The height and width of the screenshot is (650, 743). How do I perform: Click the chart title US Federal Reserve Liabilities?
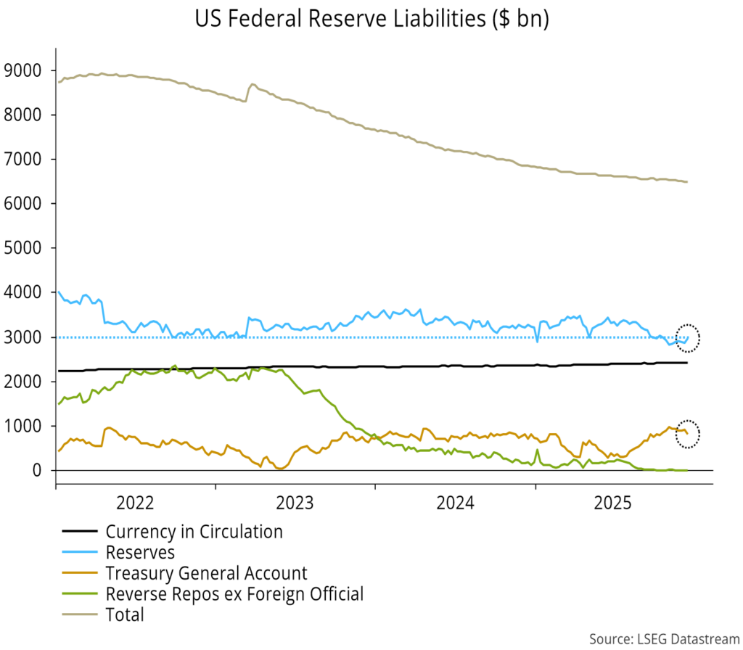371,19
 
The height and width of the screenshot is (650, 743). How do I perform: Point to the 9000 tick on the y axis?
23,70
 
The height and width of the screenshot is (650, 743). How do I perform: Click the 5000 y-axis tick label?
23,248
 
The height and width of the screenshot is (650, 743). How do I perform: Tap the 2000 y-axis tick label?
23,382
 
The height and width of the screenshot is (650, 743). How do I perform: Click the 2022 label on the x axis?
135,502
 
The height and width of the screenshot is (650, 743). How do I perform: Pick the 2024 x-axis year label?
455,502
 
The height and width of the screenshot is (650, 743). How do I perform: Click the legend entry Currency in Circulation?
194,532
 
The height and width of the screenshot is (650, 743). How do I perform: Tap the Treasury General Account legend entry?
206,573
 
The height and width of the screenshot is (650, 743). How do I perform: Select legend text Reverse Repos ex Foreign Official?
234,594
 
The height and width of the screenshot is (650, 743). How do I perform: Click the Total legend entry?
125,615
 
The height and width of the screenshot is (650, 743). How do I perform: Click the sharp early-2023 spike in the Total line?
252,85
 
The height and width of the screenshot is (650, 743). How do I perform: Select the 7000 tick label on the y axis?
23,159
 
